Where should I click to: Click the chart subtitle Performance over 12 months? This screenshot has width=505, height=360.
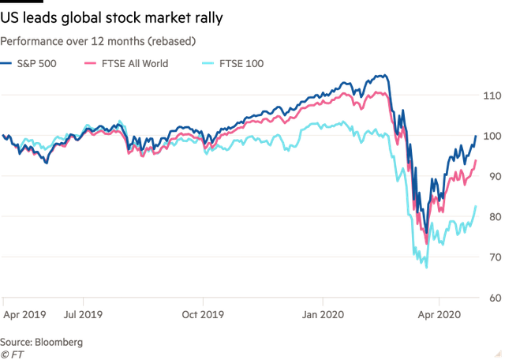99,39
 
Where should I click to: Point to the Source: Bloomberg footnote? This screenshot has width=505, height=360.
41,341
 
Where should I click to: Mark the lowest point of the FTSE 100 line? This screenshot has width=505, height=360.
426,268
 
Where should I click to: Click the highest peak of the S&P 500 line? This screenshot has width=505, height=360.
383,75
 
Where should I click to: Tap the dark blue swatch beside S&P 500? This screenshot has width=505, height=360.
8,63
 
